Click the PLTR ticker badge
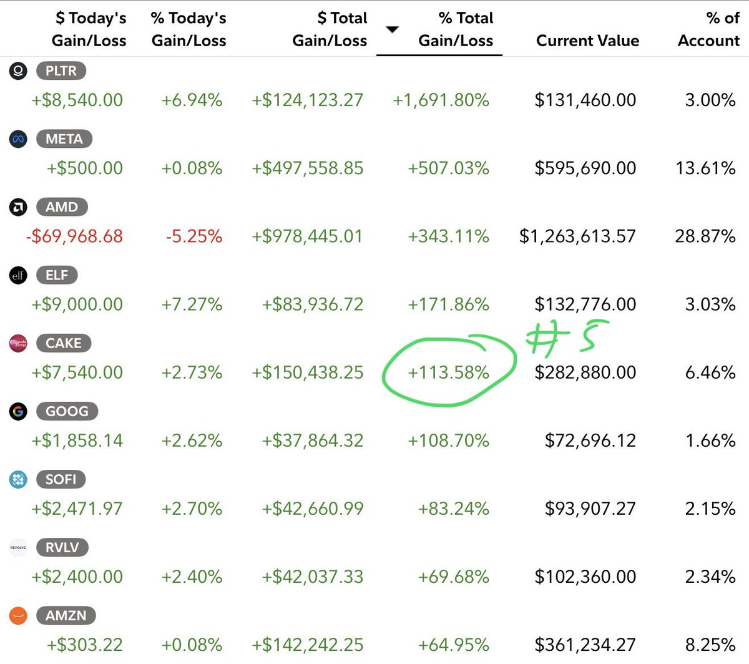(61, 71)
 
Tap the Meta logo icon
(18, 139)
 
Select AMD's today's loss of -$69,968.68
(74, 237)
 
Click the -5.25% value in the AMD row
(194, 237)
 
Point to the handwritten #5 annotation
(565, 338)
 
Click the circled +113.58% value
(448, 373)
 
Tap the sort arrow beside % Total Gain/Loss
(392, 29)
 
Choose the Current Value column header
(588, 41)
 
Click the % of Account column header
(708, 29)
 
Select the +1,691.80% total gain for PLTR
(441, 100)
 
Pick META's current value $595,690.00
(585, 168)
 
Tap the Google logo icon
(18, 411)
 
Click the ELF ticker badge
(57, 275)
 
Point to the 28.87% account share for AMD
(705, 237)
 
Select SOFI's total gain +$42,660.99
(313, 509)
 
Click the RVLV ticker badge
(62, 547)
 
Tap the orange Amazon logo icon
(18, 615)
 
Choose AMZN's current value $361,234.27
(585, 645)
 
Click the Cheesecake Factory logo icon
(18, 343)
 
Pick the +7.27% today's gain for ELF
(192, 305)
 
